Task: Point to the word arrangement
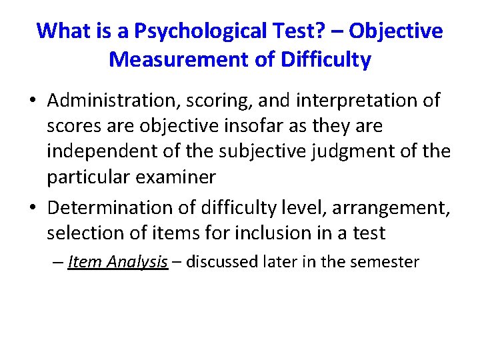(x=395, y=208)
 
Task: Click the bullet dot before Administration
(x=32, y=101)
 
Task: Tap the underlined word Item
(x=84, y=261)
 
